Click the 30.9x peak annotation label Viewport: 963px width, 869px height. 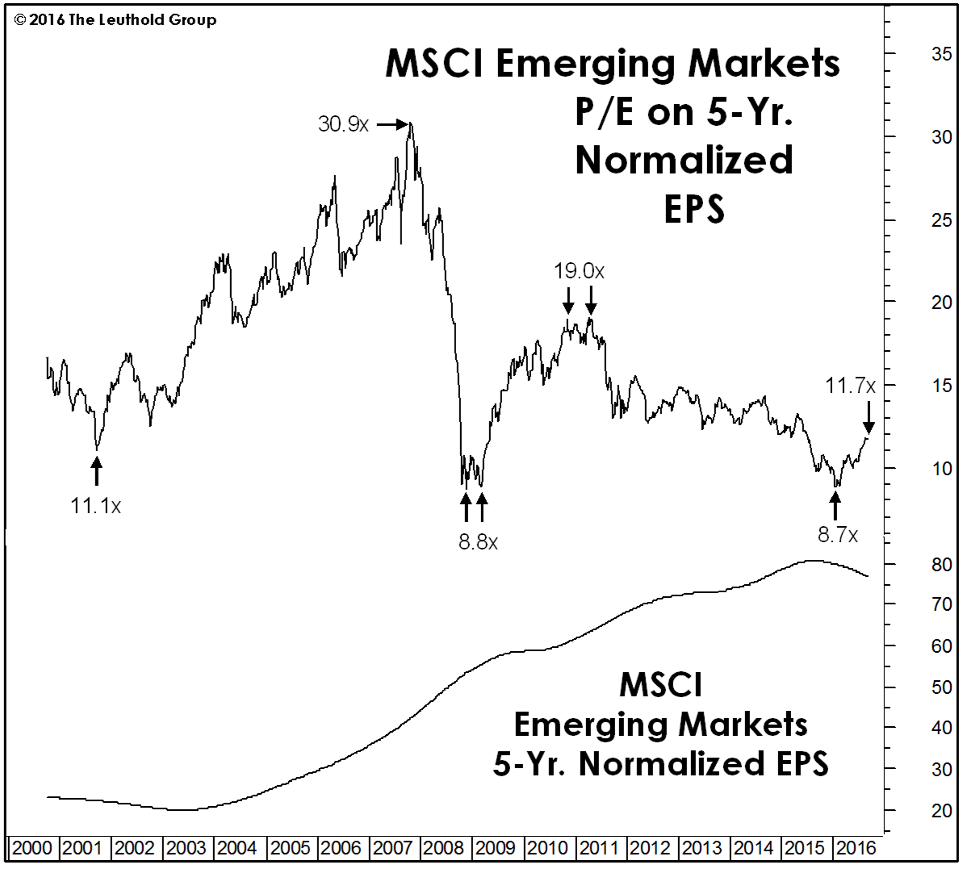343,124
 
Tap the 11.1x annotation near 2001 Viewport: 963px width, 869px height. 95,506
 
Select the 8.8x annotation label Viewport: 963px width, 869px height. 478,541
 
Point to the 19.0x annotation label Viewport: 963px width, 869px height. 579,271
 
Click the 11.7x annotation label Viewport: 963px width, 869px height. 849,386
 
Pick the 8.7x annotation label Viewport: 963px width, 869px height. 837,534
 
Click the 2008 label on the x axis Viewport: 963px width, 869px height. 443,848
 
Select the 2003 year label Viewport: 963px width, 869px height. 186,848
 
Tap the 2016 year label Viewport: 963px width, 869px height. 856,848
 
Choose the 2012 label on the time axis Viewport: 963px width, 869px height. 650,848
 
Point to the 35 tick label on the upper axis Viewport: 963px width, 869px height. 941,54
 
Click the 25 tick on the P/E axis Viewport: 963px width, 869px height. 941,221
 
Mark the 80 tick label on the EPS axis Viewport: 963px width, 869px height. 941,565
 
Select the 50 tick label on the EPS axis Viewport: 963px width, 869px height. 941,687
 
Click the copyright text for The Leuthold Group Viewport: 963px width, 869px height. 115,19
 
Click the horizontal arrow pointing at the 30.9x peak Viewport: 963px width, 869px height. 393,124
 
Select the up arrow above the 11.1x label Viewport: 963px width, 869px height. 97,471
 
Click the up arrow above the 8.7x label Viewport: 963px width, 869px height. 835,507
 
